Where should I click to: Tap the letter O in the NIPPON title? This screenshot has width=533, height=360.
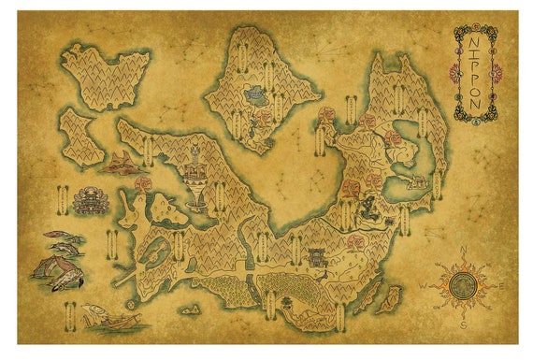click(x=472, y=91)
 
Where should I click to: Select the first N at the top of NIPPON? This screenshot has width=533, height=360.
click(x=472, y=42)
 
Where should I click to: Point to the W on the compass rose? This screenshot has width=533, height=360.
click(x=422, y=285)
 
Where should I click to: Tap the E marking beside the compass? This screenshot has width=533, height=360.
click(x=502, y=285)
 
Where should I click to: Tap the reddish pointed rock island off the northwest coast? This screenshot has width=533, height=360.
click(x=122, y=165)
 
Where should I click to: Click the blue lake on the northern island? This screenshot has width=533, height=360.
click(x=255, y=94)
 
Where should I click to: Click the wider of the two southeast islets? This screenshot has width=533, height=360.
click(x=392, y=298)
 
